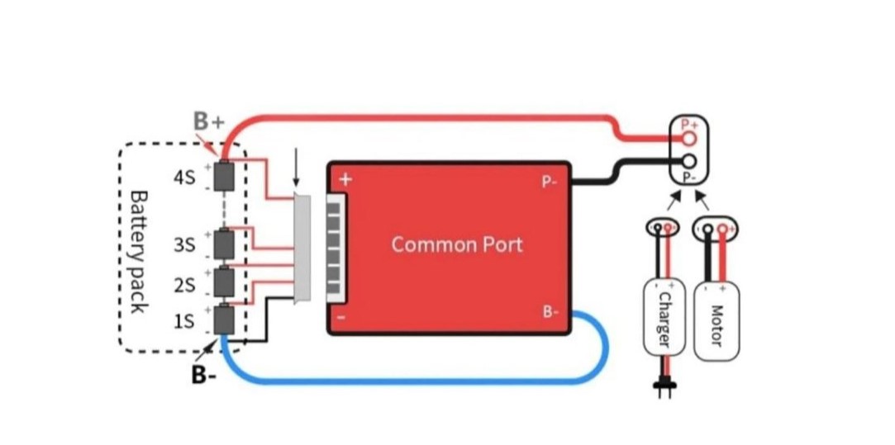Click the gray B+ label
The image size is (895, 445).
[x=209, y=121]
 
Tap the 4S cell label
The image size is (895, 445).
[x=184, y=177]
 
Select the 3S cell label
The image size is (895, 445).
[x=184, y=245]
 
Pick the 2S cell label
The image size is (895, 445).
[x=184, y=286]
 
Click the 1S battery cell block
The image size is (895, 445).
[x=223, y=320]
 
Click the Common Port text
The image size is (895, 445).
[x=456, y=245]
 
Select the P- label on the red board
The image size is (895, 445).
[x=550, y=182]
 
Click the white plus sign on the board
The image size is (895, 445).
[x=345, y=179]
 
